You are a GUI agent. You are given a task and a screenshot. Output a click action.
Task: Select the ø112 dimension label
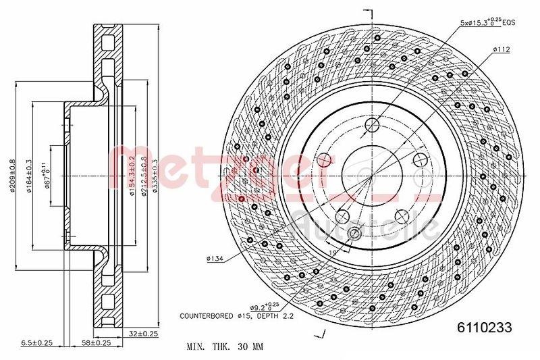click(x=500, y=49)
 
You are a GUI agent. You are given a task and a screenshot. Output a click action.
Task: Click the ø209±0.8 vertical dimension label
click(x=12, y=176)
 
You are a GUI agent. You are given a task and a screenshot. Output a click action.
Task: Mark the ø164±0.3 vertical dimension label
click(x=30, y=176)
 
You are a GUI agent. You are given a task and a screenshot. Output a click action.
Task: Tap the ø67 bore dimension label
click(x=47, y=176)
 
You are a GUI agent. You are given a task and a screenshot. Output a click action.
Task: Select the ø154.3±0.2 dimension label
click(x=132, y=176)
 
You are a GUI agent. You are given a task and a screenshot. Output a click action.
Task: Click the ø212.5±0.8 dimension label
click(x=143, y=176)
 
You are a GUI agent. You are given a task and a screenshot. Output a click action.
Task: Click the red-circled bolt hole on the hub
click(x=324, y=160)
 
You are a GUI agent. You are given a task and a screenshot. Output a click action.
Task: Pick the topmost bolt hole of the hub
click(x=373, y=125)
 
